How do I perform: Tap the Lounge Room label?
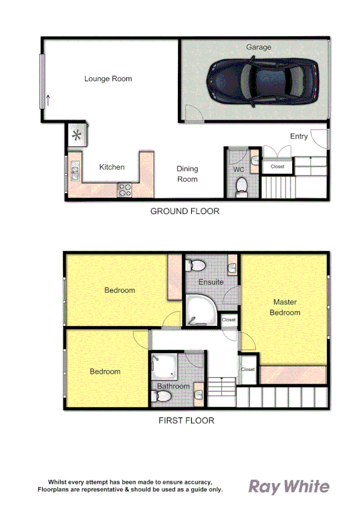tap(108, 79)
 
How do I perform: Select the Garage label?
tap(258, 47)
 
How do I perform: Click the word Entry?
tap(299, 137)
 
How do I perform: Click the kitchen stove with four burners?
tap(126, 189)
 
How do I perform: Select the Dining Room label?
tap(187, 174)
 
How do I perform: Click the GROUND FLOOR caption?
tap(185, 211)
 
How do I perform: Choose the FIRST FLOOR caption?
tap(186, 420)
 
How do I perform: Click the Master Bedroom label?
tap(285, 307)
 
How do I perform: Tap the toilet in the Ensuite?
tap(197, 266)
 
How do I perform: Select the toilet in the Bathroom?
tap(162, 396)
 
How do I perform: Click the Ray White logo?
tap(289, 486)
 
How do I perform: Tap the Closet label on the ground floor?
tap(278, 167)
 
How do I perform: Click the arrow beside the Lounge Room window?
tap(48, 100)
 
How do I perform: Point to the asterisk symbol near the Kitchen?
tap(78, 135)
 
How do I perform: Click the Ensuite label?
tap(211, 281)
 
